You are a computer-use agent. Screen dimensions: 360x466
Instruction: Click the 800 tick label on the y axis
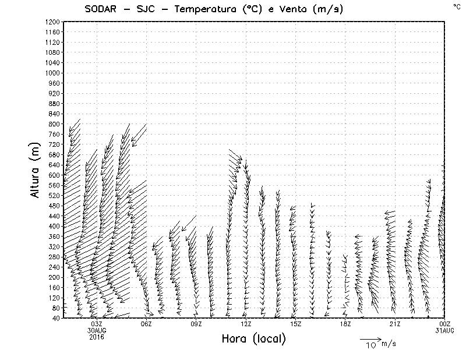tap(54, 123)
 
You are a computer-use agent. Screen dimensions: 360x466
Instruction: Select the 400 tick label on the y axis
tap(54, 226)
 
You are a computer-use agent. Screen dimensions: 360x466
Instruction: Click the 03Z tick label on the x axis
tap(97, 324)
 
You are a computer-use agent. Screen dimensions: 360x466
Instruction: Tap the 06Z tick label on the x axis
tap(146, 324)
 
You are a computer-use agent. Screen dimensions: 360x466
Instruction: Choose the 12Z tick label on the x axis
tap(246, 324)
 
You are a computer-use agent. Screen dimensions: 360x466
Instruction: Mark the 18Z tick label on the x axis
tap(345, 324)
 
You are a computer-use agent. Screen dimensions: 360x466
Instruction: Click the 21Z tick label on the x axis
tap(395, 324)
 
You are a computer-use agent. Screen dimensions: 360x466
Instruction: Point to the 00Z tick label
tap(445, 324)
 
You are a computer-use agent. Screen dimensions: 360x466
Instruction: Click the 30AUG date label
tap(97, 330)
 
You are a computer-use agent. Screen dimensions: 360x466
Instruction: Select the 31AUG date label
tap(445, 330)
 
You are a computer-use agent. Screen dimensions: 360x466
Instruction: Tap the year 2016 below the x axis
tap(97, 337)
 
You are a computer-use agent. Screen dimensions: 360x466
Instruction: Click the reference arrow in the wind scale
tap(370, 339)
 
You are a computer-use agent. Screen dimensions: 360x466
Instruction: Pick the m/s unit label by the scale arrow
tap(388, 344)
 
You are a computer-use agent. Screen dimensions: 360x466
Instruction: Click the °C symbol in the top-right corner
tap(456, 6)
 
